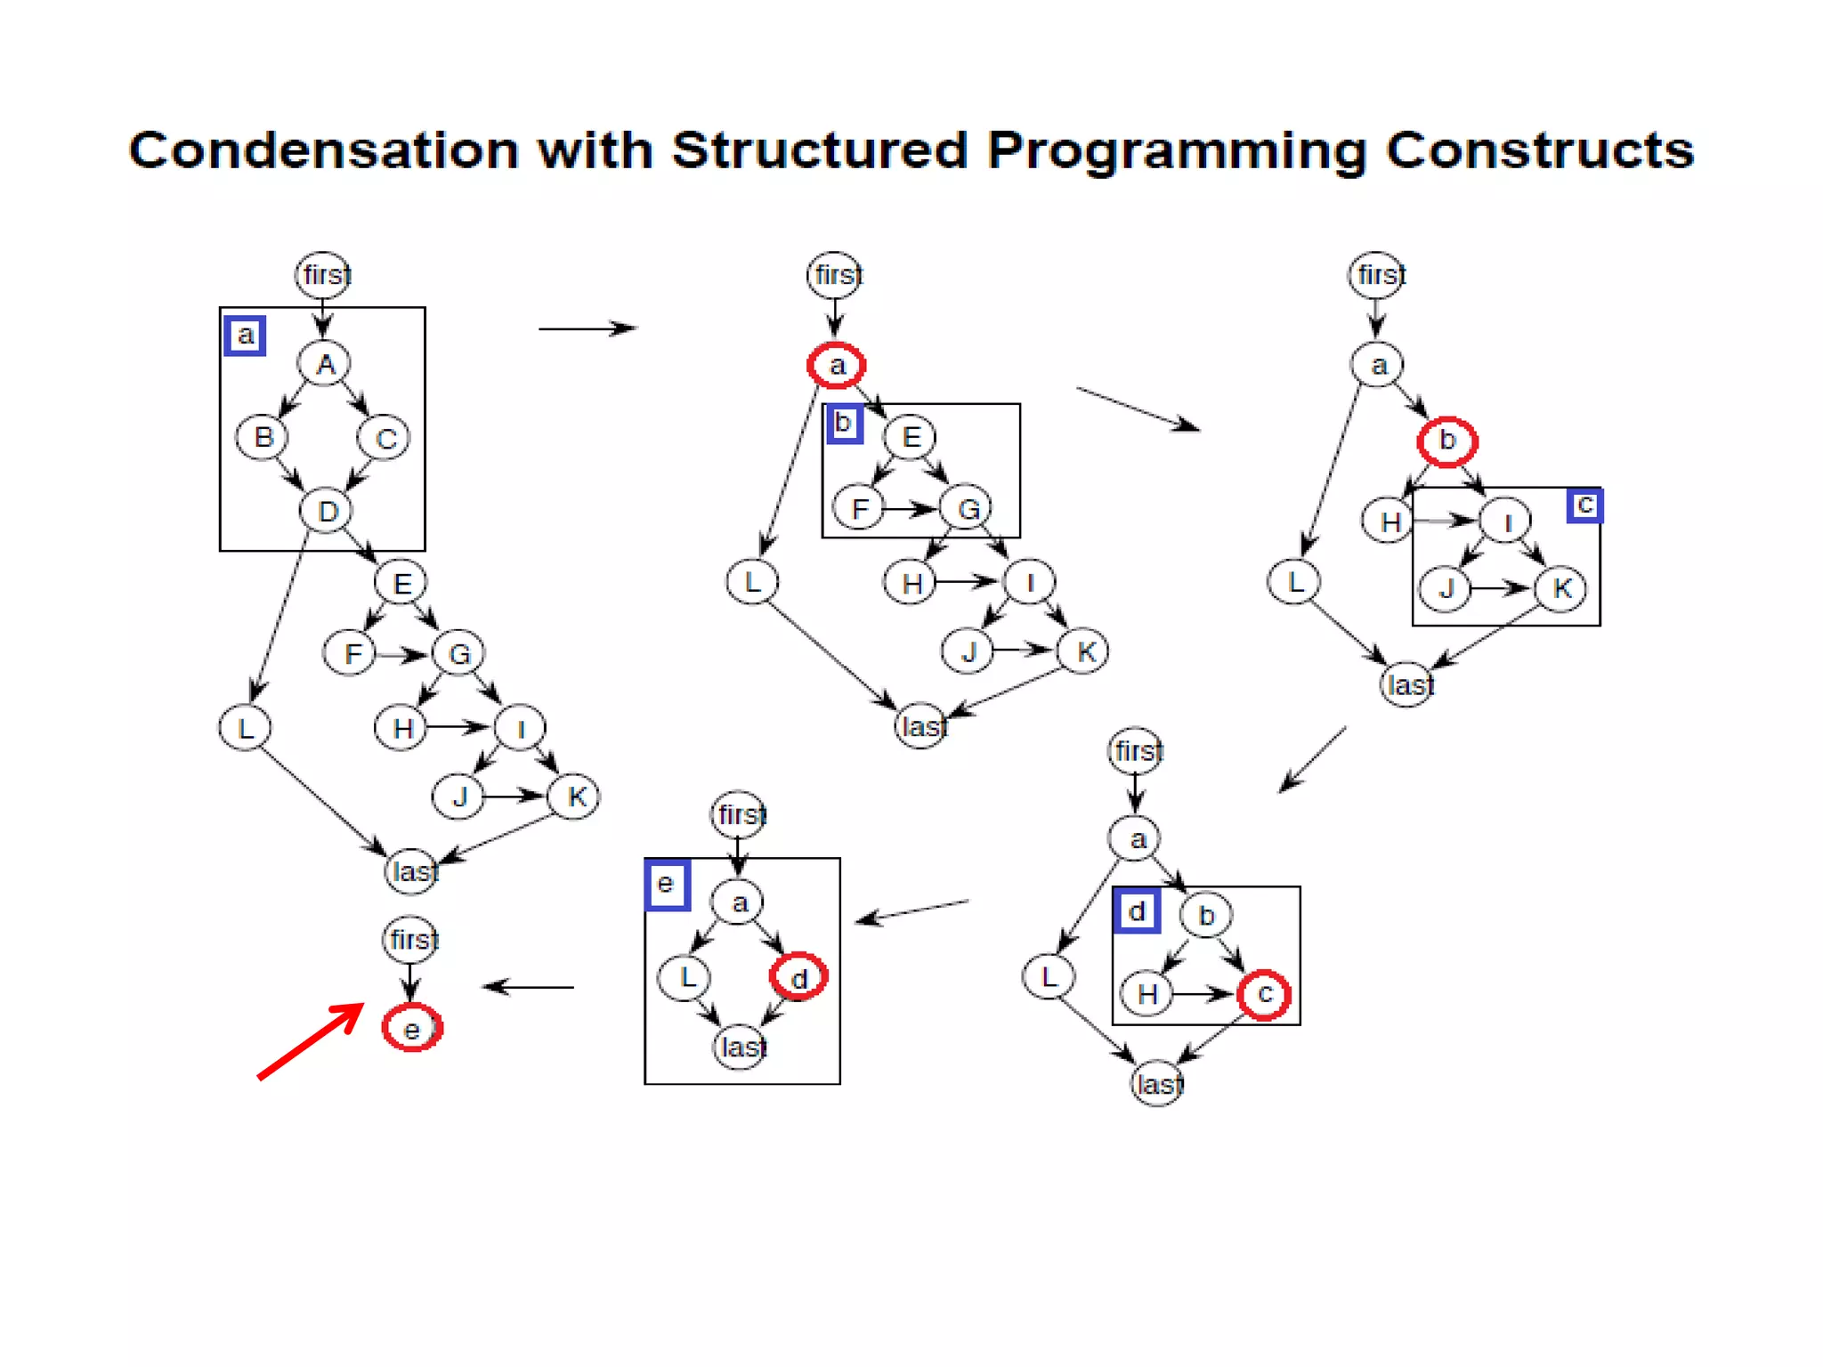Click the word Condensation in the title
click(x=322, y=150)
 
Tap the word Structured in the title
click(x=819, y=150)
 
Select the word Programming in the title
click(x=1176, y=151)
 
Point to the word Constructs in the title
click(x=1539, y=150)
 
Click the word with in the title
click(x=595, y=150)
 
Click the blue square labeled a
click(x=245, y=336)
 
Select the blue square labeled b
click(x=843, y=423)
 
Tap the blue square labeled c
click(x=1584, y=505)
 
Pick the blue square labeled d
click(x=1137, y=911)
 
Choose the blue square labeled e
click(x=666, y=885)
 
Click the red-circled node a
click(x=836, y=365)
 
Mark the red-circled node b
click(x=1446, y=441)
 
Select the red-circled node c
click(x=1264, y=994)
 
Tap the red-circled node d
click(x=798, y=977)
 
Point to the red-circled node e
click(x=411, y=1028)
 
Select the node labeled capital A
click(x=325, y=363)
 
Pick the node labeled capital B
click(x=262, y=437)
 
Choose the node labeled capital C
click(x=384, y=438)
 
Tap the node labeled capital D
click(x=327, y=511)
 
